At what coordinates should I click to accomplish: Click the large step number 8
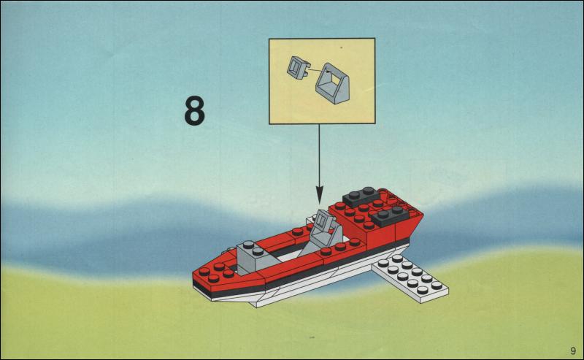[194, 110]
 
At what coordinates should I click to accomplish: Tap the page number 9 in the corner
[572, 351]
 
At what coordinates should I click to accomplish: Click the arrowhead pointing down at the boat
[319, 195]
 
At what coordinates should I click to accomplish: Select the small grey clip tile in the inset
[299, 68]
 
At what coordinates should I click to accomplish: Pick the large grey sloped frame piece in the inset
[332, 83]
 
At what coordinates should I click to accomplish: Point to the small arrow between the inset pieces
[319, 69]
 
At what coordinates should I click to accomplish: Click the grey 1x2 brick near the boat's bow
[251, 258]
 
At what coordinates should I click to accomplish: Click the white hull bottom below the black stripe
[298, 289]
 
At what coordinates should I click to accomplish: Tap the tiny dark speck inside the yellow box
[342, 47]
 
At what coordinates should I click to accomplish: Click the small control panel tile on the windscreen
[324, 220]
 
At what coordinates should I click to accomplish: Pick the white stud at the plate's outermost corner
[437, 286]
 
